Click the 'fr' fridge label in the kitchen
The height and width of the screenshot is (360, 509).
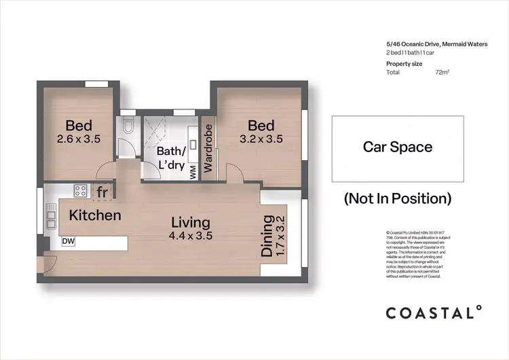[102, 193]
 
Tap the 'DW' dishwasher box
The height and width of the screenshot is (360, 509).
[68, 241]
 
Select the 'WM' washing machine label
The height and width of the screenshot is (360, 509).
[193, 172]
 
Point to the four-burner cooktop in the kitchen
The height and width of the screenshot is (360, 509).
[81, 191]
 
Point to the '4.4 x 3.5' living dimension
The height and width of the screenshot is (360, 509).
[191, 236]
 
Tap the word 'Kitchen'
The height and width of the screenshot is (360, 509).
[95, 215]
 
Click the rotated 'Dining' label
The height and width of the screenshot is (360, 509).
[267, 236]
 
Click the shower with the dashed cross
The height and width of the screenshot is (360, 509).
[157, 127]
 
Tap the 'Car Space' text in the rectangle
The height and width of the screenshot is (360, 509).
[397, 147]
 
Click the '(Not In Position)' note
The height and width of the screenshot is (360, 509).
[397, 198]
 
